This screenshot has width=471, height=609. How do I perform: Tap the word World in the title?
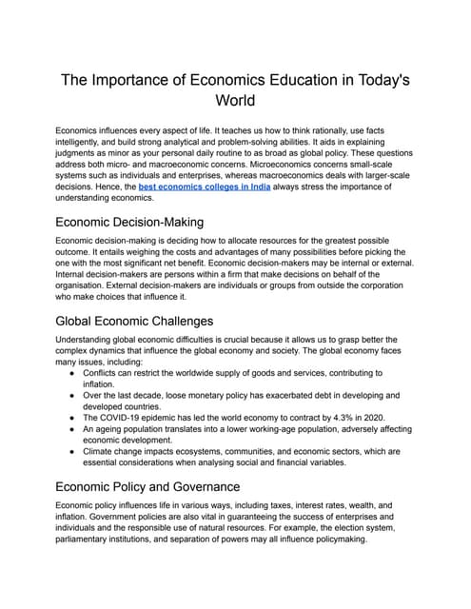coord(235,103)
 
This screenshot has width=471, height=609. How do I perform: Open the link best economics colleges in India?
coord(205,188)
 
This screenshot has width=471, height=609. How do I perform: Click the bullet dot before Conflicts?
coord(73,374)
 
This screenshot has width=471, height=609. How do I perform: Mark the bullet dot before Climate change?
coord(73,451)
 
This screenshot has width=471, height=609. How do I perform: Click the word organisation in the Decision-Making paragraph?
coord(89,283)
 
